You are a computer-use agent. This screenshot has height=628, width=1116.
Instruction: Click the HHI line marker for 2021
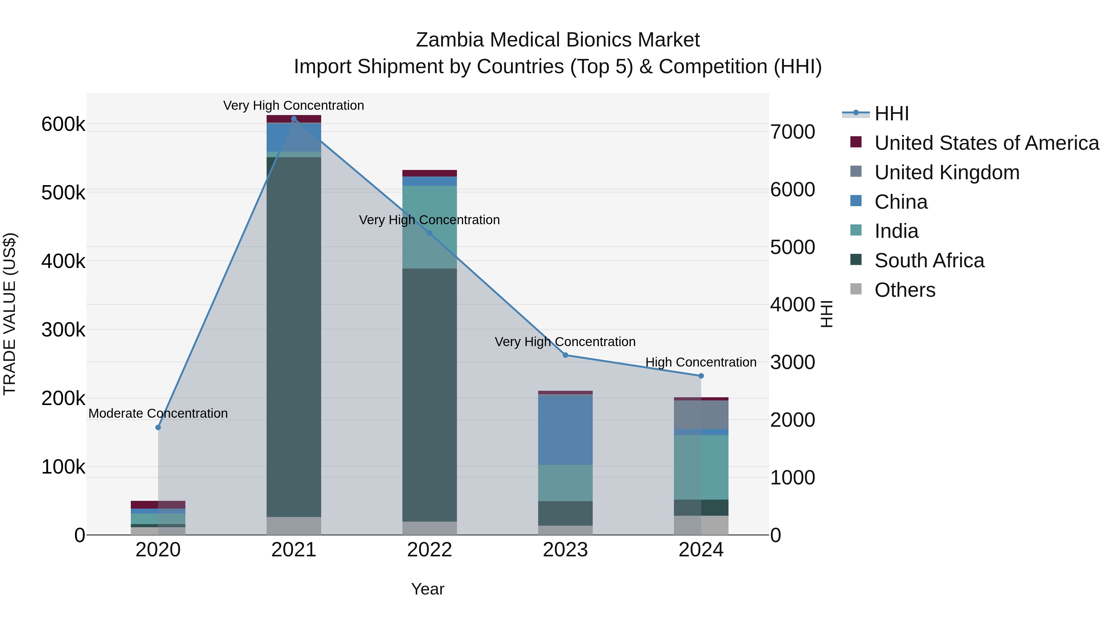coord(294,119)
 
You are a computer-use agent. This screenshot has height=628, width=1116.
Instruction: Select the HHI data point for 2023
coord(565,355)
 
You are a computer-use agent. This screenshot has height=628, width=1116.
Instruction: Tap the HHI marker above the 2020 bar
coord(158,427)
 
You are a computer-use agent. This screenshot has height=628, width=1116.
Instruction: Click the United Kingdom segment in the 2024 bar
coord(701,414)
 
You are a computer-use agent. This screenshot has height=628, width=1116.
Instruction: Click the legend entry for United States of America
coord(986,143)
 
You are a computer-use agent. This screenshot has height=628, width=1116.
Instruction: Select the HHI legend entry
coord(891,114)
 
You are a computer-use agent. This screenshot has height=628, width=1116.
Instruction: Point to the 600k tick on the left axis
coord(63,124)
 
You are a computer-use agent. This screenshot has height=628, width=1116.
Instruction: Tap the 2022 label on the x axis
coord(429,550)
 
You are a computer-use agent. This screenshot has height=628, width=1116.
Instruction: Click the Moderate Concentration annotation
coord(158,413)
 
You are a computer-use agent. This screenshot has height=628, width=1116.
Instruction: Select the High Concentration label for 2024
coord(701,362)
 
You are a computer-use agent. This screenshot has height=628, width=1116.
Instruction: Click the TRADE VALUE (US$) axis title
coord(10,314)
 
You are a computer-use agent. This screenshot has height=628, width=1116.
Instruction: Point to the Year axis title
coord(427,589)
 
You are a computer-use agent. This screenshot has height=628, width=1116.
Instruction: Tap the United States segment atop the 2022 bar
coord(429,173)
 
